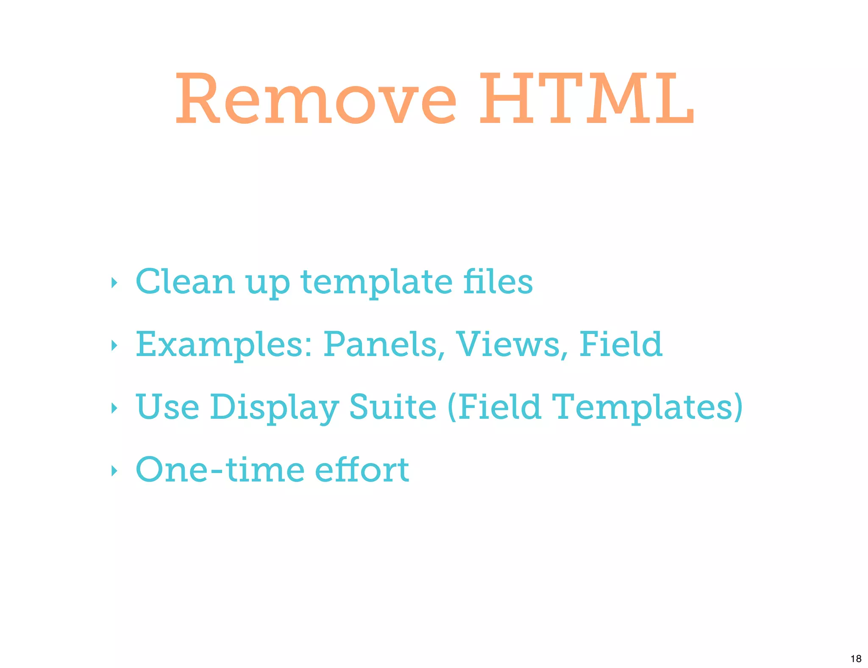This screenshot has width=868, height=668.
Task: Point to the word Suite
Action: tap(392, 406)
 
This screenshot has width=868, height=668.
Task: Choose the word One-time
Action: tap(220, 470)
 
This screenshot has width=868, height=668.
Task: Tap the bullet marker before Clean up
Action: tap(114, 283)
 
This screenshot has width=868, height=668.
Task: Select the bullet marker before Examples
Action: tap(114, 345)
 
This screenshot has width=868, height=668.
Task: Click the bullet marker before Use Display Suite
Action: tap(114, 408)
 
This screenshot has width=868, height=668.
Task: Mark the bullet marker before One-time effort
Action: tap(114, 470)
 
